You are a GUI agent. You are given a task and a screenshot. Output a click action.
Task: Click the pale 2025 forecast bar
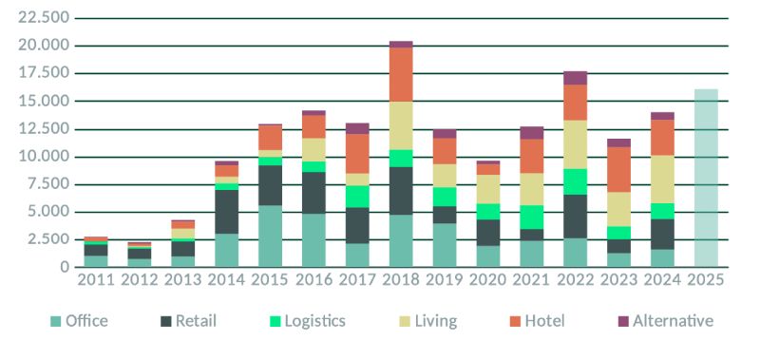(x=706, y=178)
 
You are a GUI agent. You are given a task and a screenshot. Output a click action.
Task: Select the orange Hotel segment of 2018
(x=401, y=75)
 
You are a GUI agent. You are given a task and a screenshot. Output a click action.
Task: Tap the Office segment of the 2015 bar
(x=270, y=236)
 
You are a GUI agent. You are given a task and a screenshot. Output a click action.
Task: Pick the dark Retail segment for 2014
(x=226, y=212)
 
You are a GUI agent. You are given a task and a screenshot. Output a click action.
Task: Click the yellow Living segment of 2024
(x=662, y=180)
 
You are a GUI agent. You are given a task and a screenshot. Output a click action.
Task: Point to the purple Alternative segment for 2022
(x=576, y=78)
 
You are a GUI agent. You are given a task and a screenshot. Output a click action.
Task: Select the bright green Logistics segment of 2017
(x=357, y=197)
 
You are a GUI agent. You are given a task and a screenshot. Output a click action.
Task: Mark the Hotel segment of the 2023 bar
(x=619, y=170)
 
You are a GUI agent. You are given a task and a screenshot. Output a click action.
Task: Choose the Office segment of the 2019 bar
(x=445, y=245)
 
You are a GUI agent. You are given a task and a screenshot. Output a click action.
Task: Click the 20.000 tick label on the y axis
(x=44, y=45)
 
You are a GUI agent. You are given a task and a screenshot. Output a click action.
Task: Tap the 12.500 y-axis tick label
(x=44, y=129)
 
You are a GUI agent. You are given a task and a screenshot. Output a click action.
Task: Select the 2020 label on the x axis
(x=488, y=279)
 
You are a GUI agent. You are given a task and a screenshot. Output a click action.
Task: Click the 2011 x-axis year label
(x=96, y=279)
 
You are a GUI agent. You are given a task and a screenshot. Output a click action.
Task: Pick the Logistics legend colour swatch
(x=275, y=321)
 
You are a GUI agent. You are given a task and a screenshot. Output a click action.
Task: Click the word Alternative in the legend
(x=673, y=321)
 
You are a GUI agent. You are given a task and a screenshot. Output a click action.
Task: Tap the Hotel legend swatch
(x=515, y=321)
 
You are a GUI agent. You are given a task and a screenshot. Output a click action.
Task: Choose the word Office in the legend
(x=86, y=321)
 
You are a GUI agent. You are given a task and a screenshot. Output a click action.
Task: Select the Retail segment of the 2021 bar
(x=532, y=235)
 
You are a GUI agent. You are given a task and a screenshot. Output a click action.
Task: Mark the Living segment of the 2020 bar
(x=488, y=189)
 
